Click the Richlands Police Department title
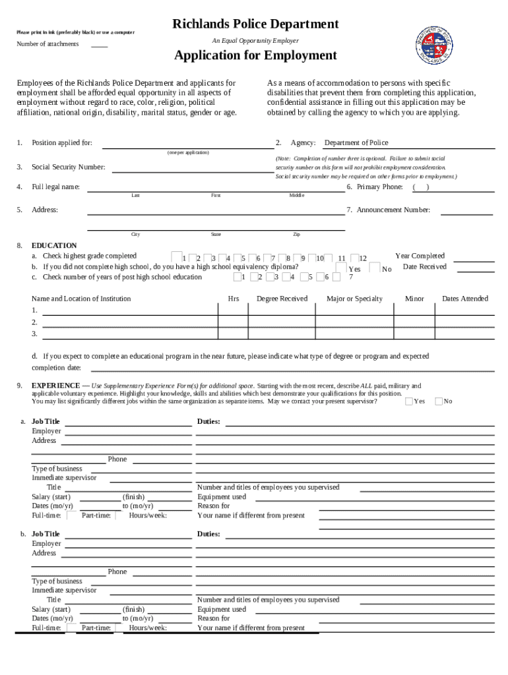tap(255, 24)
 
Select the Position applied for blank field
tap(187, 144)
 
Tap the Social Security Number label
tap(69, 167)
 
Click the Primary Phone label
tap(379, 187)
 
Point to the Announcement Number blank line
tap(466, 211)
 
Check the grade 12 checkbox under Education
tap(354, 258)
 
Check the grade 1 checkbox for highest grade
tap(176, 257)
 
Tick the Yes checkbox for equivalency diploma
tap(340, 268)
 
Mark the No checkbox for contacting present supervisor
tap(439, 401)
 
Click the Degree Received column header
tap(282, 299)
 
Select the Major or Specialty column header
tap(354, 299)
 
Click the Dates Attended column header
tap(464, 299)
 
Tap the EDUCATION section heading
tap(54, 246)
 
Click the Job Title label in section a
tap(46, 422)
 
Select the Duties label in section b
tap(208, 534)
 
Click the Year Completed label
tap(420, 256)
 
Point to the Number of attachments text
tap(48, 44)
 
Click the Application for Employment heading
tap(255, 55)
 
